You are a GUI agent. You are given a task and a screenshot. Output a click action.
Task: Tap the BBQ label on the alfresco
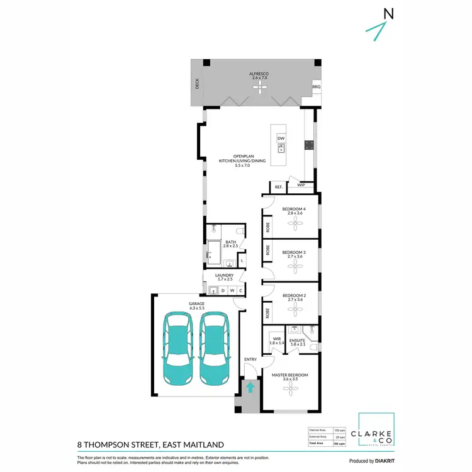click(316, 87)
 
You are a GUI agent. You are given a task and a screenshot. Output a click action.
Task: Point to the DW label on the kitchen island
click(281, 138)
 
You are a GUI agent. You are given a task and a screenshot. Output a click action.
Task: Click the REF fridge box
click(278, 187)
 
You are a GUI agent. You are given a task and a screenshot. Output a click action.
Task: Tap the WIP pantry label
click(301, 185)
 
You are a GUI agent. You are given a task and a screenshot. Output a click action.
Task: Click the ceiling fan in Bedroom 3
click(293, 265)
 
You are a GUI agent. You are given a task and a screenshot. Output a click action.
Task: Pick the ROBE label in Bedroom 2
click(268, 312)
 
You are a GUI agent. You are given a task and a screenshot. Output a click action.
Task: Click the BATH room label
click(231, 242)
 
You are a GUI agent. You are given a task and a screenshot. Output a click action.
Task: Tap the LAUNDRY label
click(224, 275)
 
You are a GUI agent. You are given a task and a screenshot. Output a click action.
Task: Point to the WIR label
click(275, 339)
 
